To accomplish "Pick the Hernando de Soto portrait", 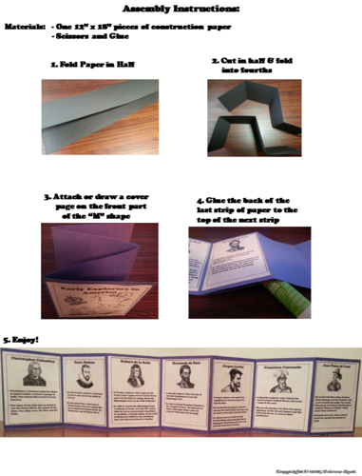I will pos(183,377).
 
